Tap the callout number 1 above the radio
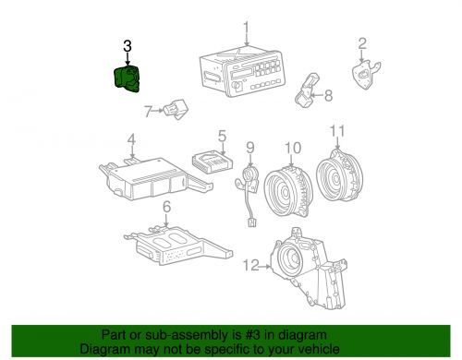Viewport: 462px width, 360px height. tap(246, 28)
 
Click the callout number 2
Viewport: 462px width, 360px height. tap(362, 42)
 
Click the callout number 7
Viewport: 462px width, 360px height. tap(148, 113)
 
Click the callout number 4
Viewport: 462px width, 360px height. tap(131, 140)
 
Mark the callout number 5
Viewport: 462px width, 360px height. tap(222, 135)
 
